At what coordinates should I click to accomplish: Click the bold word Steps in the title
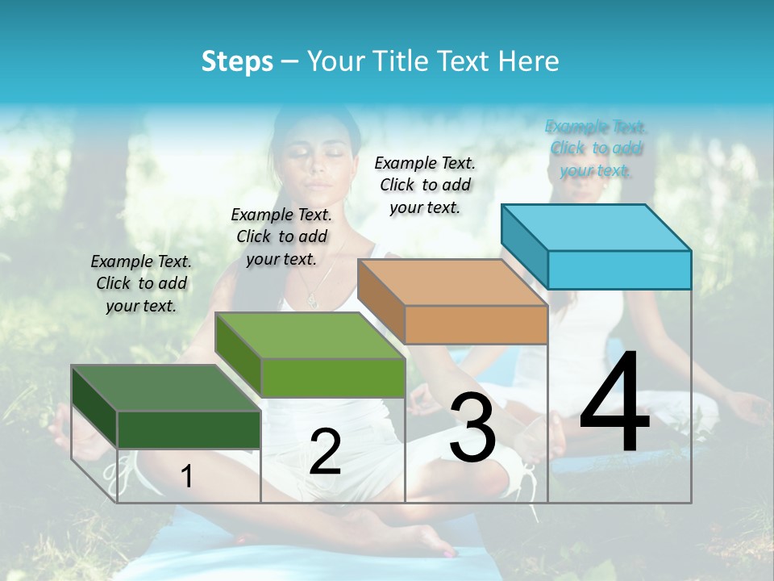coord(237,61)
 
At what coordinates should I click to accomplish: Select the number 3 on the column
coord(472,428)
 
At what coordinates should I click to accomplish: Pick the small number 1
coord(187,476)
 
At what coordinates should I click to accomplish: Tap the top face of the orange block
coord(452,282)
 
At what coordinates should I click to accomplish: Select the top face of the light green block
coord(310,335)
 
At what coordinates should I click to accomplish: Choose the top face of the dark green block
coord(166,388)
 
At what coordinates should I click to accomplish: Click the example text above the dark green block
coord(141,283)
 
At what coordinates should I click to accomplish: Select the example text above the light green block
coord(281,236)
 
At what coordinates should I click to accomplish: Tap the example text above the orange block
coord(425,185)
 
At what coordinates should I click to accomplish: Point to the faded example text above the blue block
coord(596,148)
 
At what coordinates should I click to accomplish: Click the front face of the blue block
coord(619,270)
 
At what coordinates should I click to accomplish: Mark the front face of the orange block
coord(476,324)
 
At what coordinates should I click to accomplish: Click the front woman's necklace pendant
coord(312,301)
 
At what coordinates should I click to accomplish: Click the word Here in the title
coord(529,61)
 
